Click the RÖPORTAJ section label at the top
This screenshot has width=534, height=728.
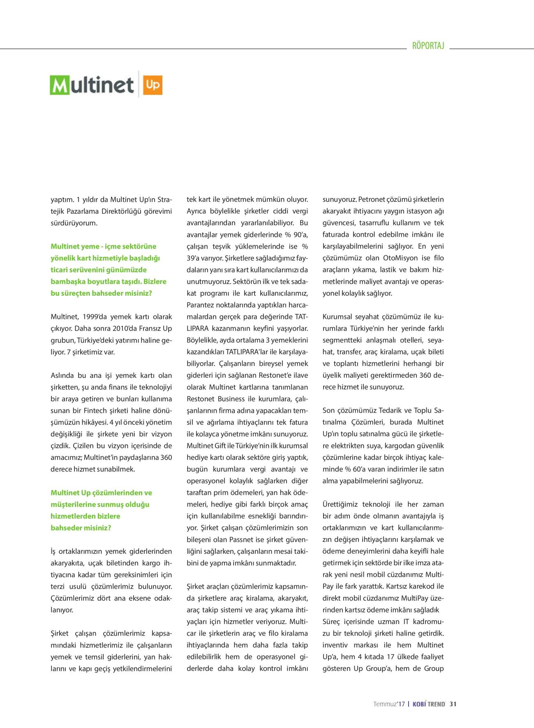pos(428,46)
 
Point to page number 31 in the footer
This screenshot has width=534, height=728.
pos(453,704)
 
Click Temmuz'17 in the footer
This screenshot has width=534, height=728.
pos(389,704)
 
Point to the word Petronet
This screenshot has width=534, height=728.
pos(372,200)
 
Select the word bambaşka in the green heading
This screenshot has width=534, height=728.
pos(68,282)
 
